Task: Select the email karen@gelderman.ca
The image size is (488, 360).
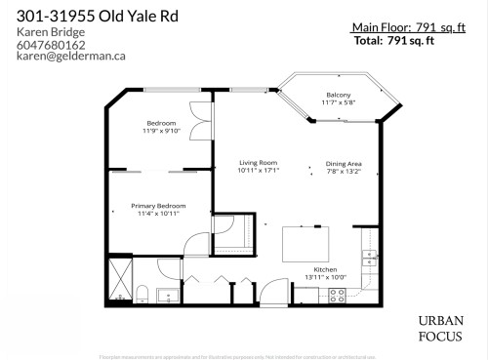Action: tap(71, 57)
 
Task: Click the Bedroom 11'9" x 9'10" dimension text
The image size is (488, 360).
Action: tap(162, 130)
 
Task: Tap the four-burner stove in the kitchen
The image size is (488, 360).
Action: tap(338, 295)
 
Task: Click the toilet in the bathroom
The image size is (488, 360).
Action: tap(142, 293)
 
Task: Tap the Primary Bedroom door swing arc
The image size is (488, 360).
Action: tap(197, 243)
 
